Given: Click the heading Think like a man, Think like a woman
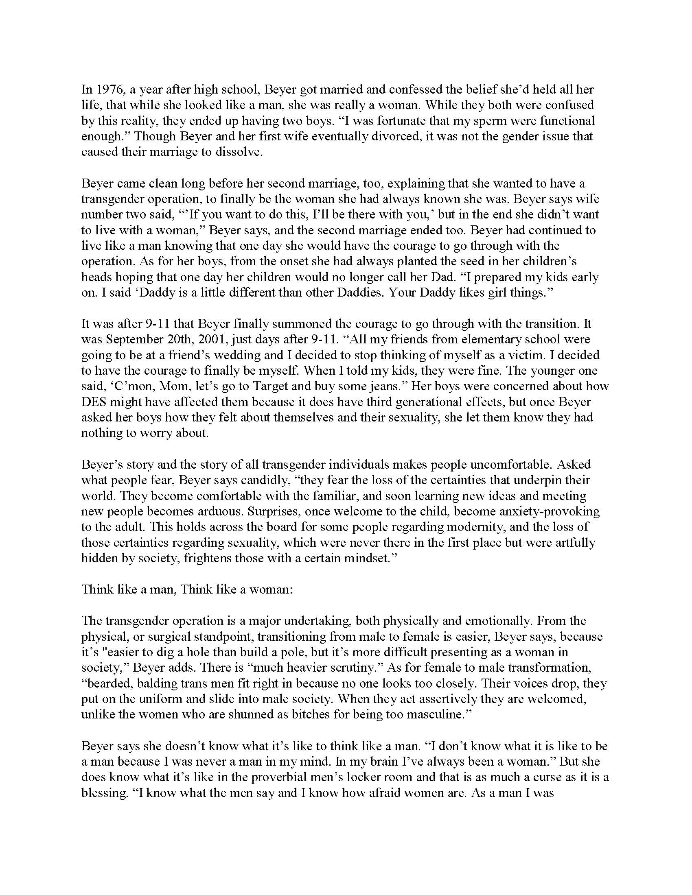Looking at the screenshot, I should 187,589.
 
